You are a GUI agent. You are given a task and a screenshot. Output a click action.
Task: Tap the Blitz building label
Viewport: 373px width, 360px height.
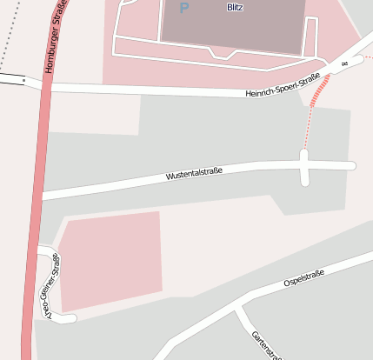(x=234, y=7)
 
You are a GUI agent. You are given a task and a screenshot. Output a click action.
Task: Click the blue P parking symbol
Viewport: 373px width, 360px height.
(x=183, y=9)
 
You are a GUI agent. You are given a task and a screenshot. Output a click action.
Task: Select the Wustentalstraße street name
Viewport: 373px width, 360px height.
(x=194, y=174)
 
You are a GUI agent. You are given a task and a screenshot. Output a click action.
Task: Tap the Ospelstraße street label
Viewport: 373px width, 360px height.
(x=303, y=278)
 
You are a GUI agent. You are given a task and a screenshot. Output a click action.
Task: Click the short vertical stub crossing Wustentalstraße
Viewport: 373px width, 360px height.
(x=304, y=167)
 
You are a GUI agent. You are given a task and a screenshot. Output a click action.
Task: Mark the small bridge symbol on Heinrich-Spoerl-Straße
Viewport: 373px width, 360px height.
(x=345, y=64)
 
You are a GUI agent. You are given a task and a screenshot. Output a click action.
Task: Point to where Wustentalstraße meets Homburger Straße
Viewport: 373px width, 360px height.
(x=42, y=196)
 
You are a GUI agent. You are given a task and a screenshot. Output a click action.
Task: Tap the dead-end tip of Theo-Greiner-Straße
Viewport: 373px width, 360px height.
(x=71, y=319)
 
